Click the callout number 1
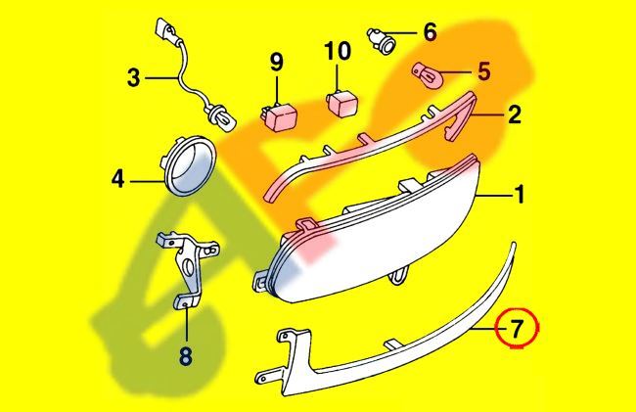(x=520, y=195)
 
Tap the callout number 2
(x=515, y=114)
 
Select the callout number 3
(x=133, y=78)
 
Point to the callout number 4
(x=118, y=179)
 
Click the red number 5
(x=483, y=71)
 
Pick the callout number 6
(x=430, y=32)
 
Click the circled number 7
(x=517, y=329)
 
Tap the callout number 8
(x=185, y=357)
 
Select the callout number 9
(x=277, y=64)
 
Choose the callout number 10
(x=338, y=51)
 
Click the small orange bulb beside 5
(x=425, y=73)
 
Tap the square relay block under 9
(x=279, y=115)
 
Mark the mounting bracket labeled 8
(x=188, y=270)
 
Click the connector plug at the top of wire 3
(x=166, y=29)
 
